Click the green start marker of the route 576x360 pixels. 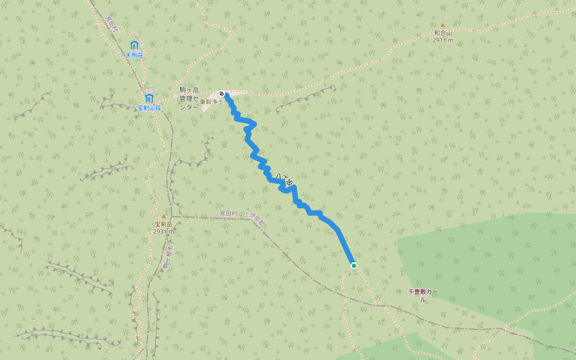point(354,265)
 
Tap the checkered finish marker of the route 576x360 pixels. point(222,94)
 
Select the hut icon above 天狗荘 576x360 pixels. point(134,45)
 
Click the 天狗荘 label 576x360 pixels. point(134,55)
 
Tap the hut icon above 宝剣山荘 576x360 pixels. point(149,98)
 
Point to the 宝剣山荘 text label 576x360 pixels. point(149,108)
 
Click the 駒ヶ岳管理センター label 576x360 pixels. point(189,98)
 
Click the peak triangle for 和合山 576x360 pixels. point(443,25)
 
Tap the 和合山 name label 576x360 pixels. point(443,33)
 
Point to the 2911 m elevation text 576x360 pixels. point(443,40)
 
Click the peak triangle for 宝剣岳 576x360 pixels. point(163,216)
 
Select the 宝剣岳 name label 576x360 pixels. point(163,224)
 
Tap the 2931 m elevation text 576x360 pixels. point(163,231)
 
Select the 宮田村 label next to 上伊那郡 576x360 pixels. point(229,213)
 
